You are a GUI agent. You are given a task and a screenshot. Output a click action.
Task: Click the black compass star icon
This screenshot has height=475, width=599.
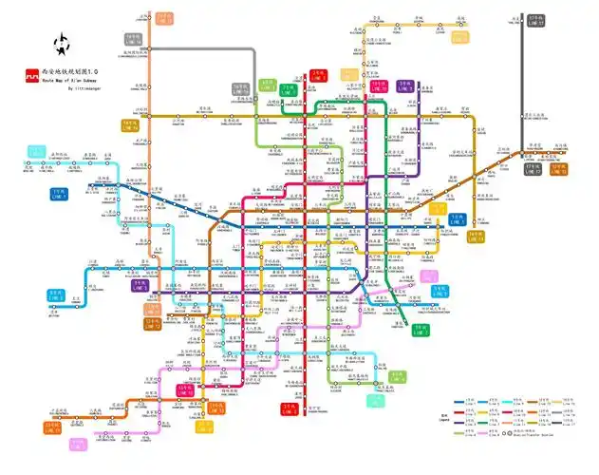coord(64,44)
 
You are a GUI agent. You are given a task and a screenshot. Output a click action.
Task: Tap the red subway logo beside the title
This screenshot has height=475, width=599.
coord(31,72)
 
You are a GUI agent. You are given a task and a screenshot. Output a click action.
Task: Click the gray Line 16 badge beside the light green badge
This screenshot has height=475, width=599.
coord(239,90)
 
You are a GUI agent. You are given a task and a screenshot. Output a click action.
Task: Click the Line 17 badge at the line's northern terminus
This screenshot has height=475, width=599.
coord(535,19)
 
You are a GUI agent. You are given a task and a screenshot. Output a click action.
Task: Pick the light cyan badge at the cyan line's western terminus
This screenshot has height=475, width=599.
coord(37,152)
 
